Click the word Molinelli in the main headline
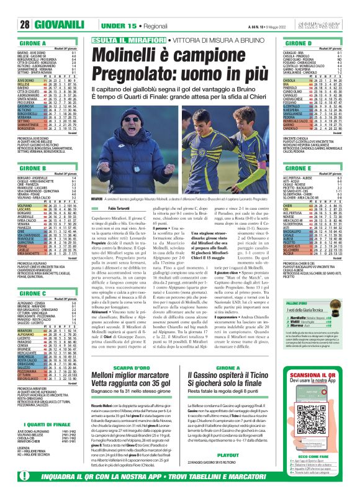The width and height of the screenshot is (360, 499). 127,52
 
